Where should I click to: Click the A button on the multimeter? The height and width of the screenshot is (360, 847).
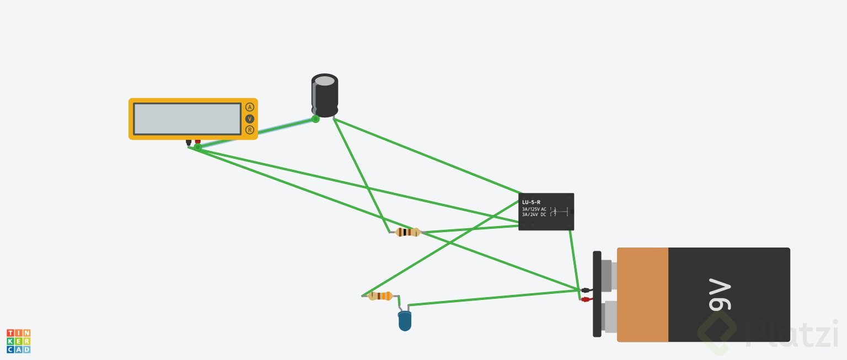tap(250, 107)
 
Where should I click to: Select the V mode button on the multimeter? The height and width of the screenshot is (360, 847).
tap(250, 119)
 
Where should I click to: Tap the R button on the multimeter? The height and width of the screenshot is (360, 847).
tap(250, 130)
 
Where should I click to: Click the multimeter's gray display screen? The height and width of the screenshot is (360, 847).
tap(187, 119)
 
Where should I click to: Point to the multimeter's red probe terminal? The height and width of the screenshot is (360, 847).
tap(197, 142)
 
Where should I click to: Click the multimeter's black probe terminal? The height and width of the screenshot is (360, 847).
tap(189, 142)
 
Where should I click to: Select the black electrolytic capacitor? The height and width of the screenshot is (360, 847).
tap(325, 98)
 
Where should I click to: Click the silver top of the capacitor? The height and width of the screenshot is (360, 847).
tap(325, 81)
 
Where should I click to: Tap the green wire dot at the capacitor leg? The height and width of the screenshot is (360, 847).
tap(315, 119)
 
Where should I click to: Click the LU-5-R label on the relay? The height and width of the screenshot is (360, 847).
tap(531, 202)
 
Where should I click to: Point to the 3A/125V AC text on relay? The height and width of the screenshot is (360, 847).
tap(534, 209)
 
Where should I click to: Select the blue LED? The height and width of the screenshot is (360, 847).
tap(405, 321)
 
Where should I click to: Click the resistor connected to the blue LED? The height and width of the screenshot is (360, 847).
tap(379, 296)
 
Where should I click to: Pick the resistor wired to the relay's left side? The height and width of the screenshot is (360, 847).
tap(408, 232)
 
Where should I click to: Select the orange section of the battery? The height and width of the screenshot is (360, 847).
tap(642, 294)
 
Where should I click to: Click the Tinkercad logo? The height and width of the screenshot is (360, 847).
tap(18, 341)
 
